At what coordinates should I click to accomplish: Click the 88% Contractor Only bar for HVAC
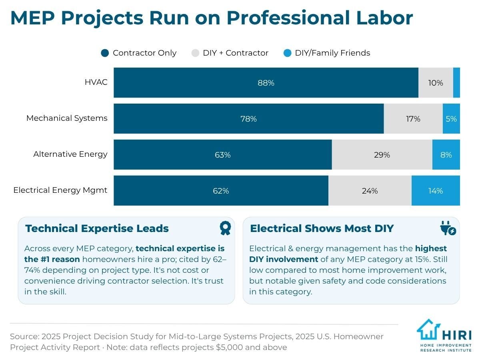coord(266,83)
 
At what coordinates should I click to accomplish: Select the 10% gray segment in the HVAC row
coord(436,83)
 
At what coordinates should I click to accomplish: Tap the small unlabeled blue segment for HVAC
coord(456,83)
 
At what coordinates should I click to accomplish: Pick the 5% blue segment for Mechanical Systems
coord(451,119)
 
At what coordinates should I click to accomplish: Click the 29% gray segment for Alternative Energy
coord(382,154)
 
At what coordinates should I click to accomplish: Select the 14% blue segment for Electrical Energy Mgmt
coord(436,191)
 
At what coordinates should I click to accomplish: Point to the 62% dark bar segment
coord(221,191)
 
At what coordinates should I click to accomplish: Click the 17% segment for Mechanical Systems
coord(413,119)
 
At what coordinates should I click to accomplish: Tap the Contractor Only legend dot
coord(105,53)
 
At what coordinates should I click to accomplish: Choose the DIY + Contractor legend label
coord(236,53)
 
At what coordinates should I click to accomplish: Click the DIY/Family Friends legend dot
coord(287,53)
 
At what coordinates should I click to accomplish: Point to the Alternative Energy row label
coord(70,154)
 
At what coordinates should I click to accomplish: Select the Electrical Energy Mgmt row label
coord(60,190)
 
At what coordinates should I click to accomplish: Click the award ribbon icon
coord(225,228)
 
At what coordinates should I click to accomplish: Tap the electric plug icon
coord(448,228)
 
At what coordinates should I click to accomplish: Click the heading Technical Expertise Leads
coord(97,228)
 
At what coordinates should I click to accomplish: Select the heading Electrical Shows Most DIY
coord(322,228)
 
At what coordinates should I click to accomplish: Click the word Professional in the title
coord(288,18)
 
